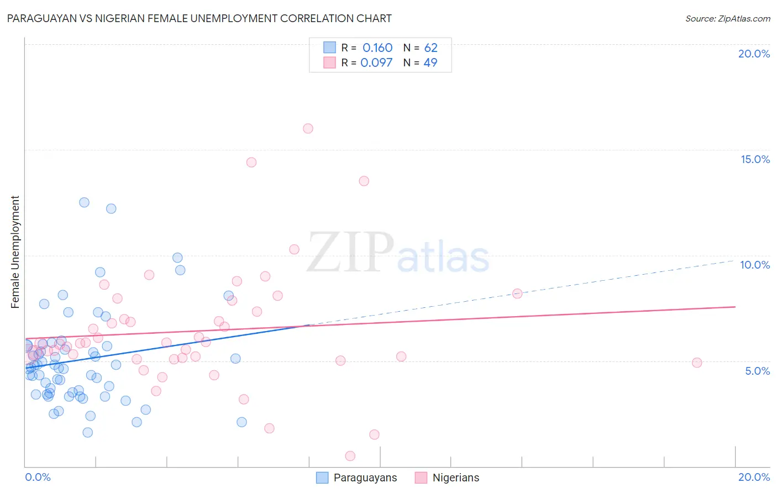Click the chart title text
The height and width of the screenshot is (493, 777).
pos(199,18)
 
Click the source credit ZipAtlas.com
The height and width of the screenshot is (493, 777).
pos(727,18)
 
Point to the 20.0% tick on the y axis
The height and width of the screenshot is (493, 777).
pos(754,54)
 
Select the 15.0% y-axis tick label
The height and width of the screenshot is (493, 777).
pos(755,159)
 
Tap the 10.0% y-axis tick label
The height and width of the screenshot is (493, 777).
pos(755,265)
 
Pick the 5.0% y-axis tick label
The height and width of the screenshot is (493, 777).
pos(757,371)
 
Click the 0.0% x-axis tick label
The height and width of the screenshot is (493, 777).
pos(38,477)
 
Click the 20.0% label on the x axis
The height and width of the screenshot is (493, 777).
pos(754,477)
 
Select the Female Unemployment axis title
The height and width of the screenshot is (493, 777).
pos(15,252)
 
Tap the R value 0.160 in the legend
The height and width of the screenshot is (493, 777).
pos(377,48)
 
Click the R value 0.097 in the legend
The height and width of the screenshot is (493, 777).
pos(376,62)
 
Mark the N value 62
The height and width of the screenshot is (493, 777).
pos(431,48)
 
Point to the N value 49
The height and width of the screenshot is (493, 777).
pos(430,62)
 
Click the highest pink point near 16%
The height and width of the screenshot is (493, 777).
pos(308,128)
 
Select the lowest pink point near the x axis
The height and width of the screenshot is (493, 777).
pos(350,456)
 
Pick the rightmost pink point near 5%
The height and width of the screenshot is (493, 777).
pos(697,363)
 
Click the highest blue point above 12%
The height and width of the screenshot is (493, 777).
pos(84,202)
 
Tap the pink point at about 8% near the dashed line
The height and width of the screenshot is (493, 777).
pos(517,293)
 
